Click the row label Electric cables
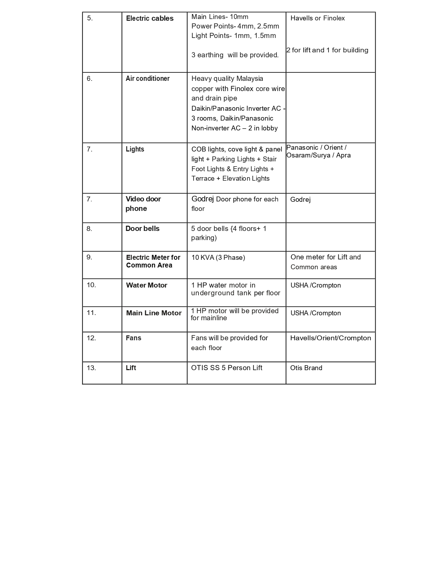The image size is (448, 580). click(x=150, y=18)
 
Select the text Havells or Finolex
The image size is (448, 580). click(x=317, y=18)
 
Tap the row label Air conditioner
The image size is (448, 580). click(x=148, y=78)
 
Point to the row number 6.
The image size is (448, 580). click(x=90, y=78)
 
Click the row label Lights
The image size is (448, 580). click(x=135, y=149)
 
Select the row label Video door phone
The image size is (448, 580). click(x=143, y=204)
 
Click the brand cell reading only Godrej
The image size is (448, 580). click(x=300, y=200)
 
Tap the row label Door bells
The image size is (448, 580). click(x=142, y=228)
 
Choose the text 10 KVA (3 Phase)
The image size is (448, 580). click(x=218, y=257)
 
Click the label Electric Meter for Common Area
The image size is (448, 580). click(x=153, y=261)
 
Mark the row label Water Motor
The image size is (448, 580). click(x=147, y=285)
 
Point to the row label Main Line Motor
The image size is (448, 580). click(x=154, y=313)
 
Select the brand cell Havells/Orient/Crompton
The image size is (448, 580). click(x=330, y=338)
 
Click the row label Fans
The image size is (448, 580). click(x=134, y=338)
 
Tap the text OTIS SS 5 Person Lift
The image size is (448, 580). click(x=227, y=368)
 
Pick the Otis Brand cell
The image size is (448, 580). click(x=306, y=368)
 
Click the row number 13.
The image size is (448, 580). click(x=91, y=368)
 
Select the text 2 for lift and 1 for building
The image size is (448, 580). click(x=327, y=50)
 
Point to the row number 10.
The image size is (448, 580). click(x=91, y=285)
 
